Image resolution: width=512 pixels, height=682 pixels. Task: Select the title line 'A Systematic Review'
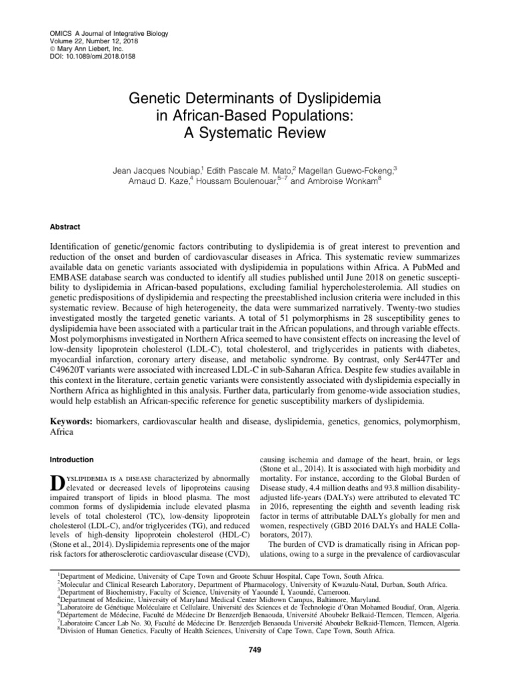point(255,132)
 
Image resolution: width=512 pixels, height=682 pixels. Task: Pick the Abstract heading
point(65,226)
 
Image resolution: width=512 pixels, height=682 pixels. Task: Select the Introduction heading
point(73,460)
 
